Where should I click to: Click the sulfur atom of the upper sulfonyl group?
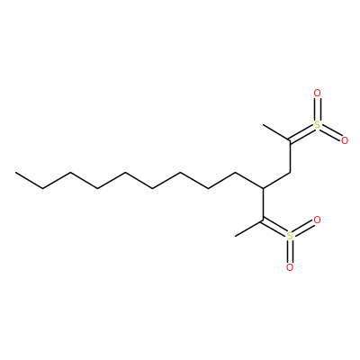point(317,125)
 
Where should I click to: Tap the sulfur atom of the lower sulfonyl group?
point(290,236)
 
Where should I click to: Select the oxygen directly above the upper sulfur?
point(317,94)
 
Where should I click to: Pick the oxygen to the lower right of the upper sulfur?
point(345,140)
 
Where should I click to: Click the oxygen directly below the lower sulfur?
point(290,267)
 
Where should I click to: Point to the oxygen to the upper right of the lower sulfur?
point(317,220)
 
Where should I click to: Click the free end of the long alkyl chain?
point(15,173)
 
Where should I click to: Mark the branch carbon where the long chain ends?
point(263,188)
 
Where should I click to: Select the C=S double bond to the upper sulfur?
point(301,134)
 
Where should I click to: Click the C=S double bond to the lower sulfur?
point(274,227)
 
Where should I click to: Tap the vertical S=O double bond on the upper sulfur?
point(317,109)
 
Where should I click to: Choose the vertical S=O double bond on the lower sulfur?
point(290,251)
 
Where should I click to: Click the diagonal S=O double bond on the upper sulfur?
point(331,133)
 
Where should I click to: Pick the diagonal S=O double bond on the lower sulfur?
point(303,228)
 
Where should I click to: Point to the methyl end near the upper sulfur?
point(263,124)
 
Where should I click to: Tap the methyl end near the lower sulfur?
point(235,236)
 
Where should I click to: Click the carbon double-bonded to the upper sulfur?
point(290,140)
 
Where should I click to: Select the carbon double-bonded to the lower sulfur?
point(263,220)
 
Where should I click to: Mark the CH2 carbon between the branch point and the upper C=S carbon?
point(290,173)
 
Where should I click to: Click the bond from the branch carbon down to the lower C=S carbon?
point(263,204)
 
